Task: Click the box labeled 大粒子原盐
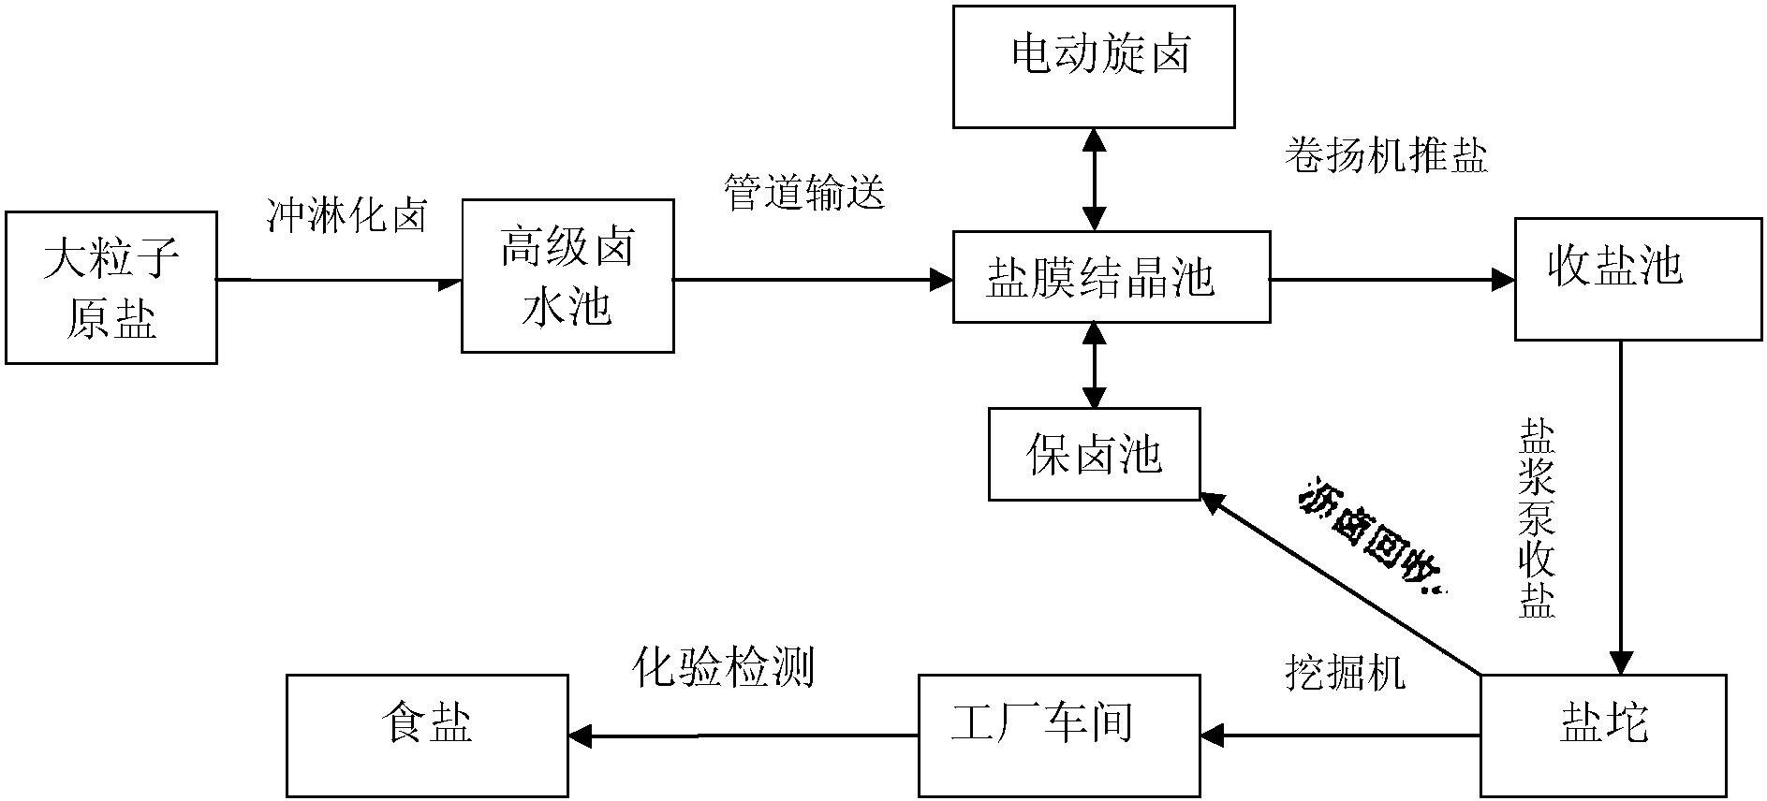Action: coord(111,287)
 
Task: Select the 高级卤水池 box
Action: coord(567,276)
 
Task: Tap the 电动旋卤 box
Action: coord(1093,66)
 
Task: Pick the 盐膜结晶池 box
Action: coord(1112,278)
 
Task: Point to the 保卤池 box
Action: coord(1094,454)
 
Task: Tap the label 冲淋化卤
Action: coord(347,216)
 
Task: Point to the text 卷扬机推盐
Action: coord(1386,155)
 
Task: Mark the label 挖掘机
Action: coord(1345,672)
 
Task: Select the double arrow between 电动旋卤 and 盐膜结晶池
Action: coord(1093,179)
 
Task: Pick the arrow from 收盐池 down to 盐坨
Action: coord(1621,505)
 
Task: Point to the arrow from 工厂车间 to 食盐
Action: coord(744,736)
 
